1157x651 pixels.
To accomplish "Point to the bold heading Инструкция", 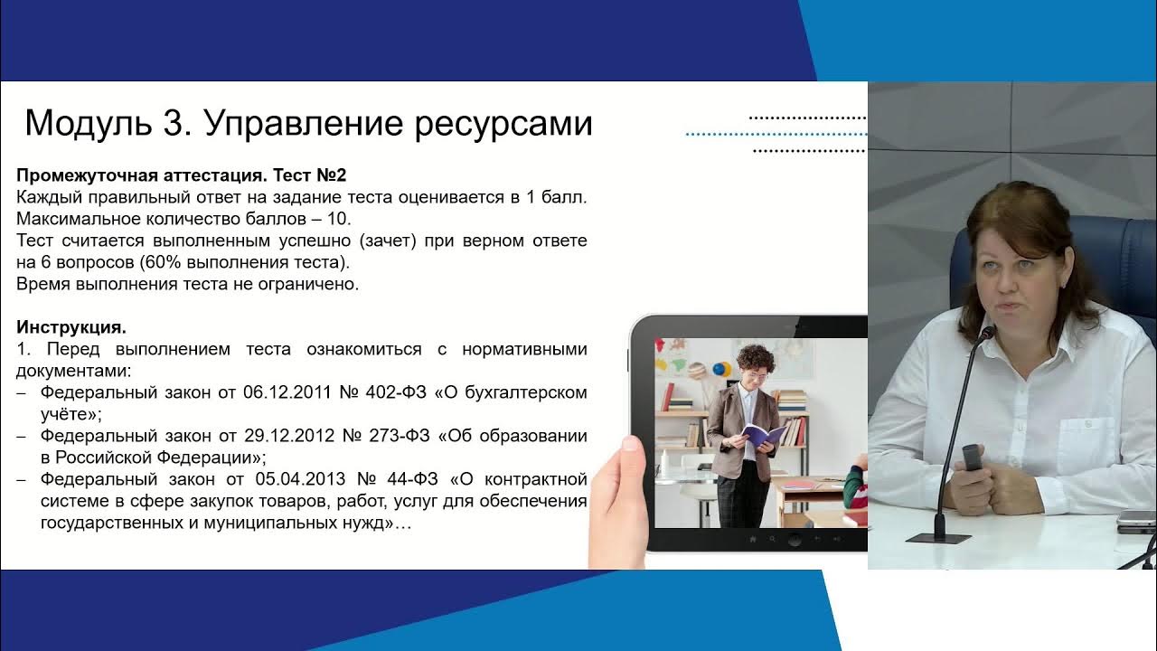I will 71,327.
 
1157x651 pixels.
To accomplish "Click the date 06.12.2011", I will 287,392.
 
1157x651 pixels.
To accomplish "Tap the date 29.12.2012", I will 287,436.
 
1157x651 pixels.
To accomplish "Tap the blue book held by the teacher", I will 764,435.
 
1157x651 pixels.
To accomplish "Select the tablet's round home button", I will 794,540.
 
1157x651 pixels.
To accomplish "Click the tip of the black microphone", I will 987,333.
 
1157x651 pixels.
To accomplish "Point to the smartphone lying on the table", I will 1136,520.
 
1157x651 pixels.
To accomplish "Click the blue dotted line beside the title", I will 775,134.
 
